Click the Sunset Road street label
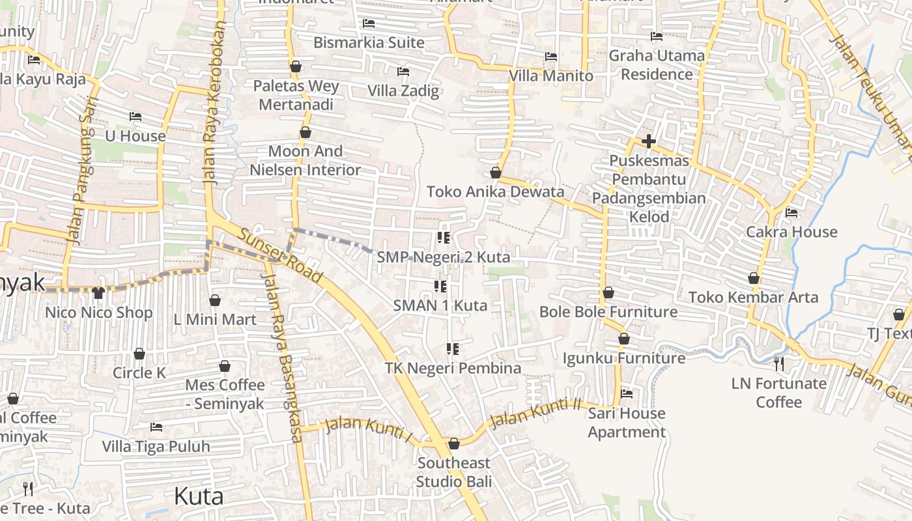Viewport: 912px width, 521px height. [279, 255]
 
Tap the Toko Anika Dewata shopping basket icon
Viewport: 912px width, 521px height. [496, 173]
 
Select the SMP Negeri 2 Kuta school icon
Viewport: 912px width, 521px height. [444, 238]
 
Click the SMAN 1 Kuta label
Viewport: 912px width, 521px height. [440, 305]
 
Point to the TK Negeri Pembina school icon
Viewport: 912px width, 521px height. [453, 349]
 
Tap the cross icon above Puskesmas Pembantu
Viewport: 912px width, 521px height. [648, 141]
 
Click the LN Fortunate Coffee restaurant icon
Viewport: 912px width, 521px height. [778, 363]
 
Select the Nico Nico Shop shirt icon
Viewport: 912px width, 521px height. [98, 294]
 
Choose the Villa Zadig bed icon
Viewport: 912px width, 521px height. [403, 72]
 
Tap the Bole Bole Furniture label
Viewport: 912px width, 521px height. [608, 312]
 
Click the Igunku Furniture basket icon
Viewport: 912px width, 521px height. [623, 339]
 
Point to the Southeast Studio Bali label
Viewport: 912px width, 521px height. [453, 472]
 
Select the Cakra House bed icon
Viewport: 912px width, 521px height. [791, 213]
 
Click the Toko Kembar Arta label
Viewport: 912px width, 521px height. [753, 298]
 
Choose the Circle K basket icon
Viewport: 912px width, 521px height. [139, 354]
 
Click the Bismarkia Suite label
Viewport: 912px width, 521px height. [369, 43]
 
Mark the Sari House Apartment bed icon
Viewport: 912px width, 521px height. [627, 394]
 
